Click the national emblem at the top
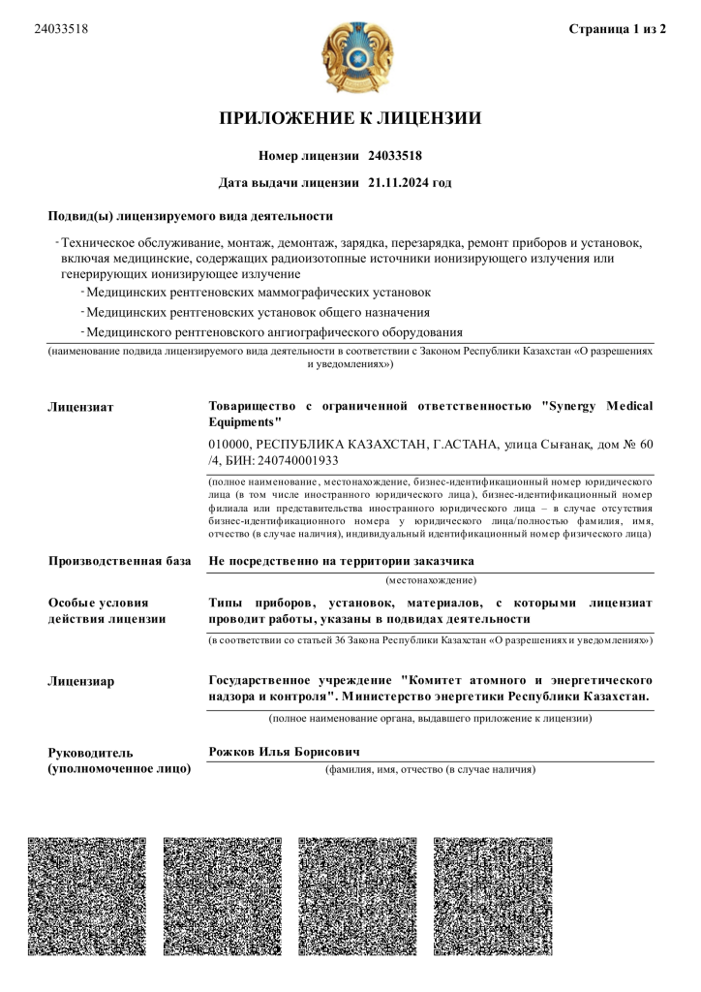tap(358, 56)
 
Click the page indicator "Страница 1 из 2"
tap(618, 29)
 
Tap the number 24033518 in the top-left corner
tap(61, 29)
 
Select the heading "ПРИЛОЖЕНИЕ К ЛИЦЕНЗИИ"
tap(350, 119)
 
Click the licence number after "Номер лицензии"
tap(395, 156)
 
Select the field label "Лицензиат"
tap(80, 407)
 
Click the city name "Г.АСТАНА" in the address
tap(460, 445)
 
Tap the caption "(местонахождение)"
tap(431, 580)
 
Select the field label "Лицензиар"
tap(81, 682)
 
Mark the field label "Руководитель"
tap(91, 753)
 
